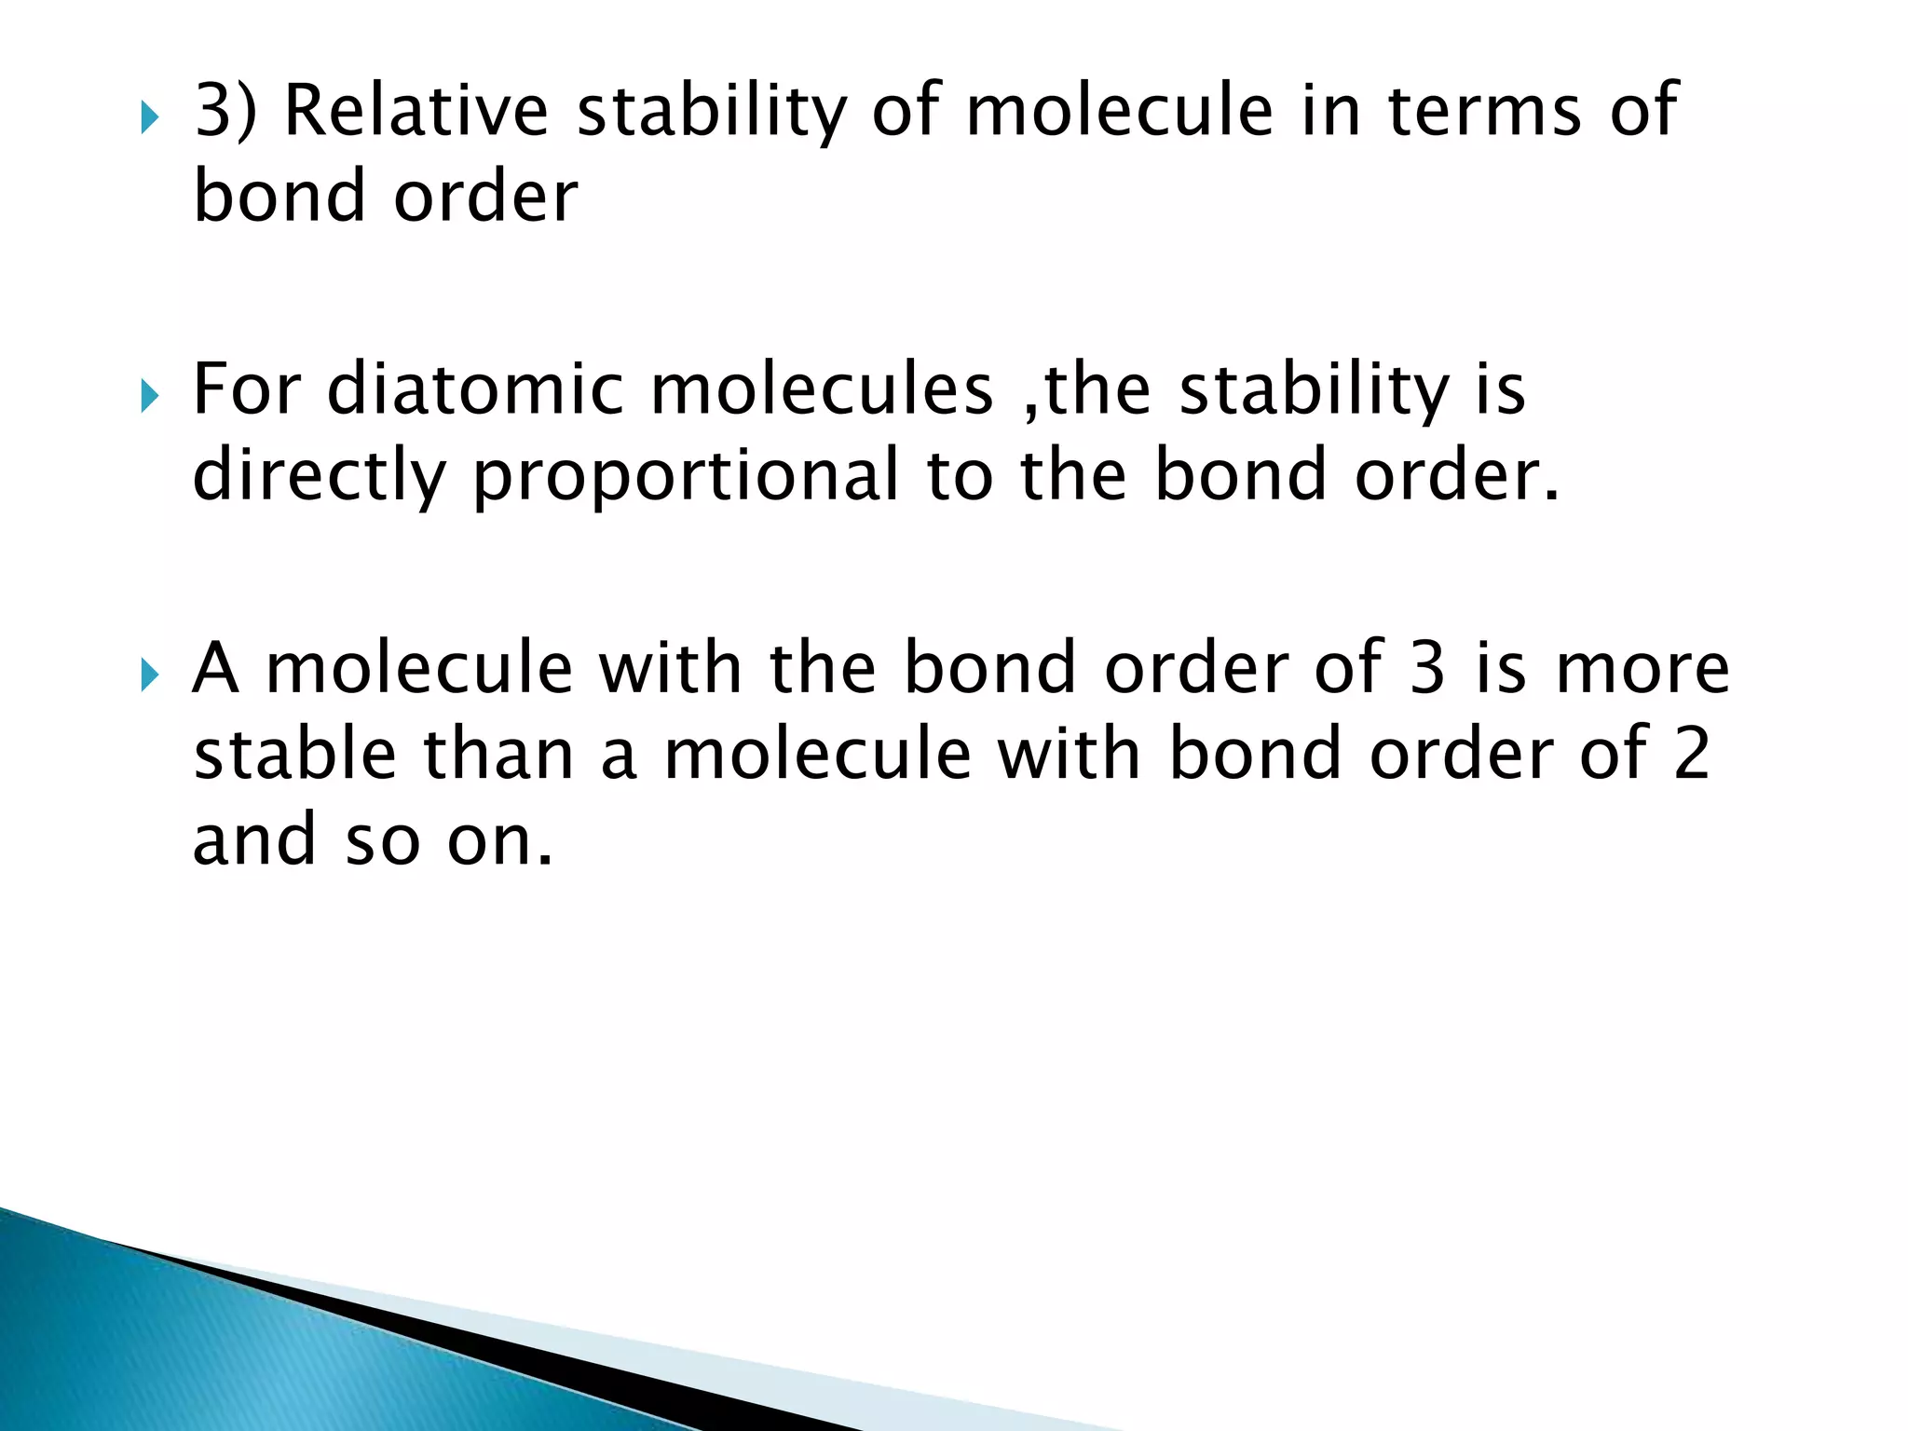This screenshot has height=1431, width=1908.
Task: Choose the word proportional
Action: [686, 475]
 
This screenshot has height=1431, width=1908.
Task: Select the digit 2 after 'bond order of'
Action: [1691, 754]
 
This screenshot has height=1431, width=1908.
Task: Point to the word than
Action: [498, 754]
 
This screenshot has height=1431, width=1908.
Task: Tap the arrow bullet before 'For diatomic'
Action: [149, 396]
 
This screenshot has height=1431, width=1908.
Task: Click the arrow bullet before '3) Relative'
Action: [149, 118]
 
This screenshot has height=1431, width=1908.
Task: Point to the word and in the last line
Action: [254, 839]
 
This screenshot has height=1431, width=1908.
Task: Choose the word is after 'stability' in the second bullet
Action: [1499, 389]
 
